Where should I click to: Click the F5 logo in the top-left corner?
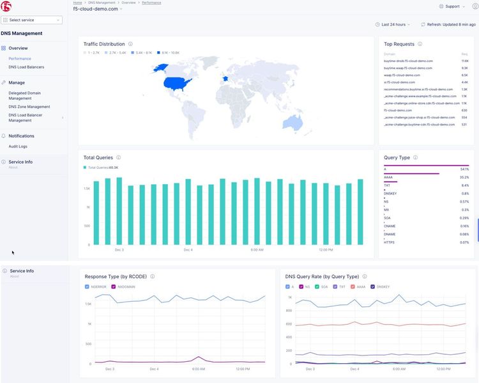point(6,7)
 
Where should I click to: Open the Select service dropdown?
point(32,20)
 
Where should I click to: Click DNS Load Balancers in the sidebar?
point(26,66)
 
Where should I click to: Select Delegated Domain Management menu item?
point(24,95)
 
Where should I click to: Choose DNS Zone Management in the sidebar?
point(29,107)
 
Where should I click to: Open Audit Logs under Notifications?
point(18,146)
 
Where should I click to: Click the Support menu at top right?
point(452,6)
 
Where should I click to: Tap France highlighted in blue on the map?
point(224,79)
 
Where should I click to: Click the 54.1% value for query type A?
point(464,169)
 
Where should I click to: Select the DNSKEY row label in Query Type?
point(390,193)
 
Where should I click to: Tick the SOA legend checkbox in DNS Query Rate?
point(318,287)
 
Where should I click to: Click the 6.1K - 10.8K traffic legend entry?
point(169,52)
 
